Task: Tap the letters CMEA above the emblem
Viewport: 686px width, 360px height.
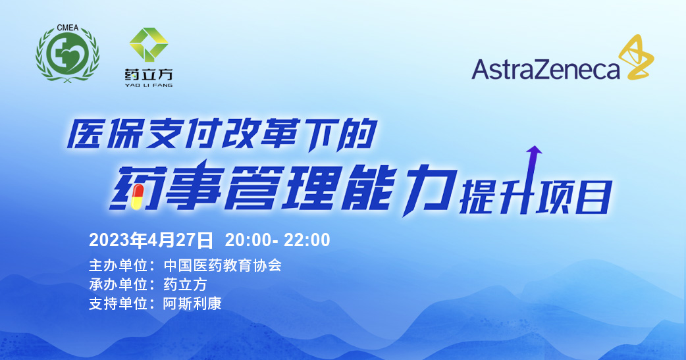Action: pyautogui.click(x=67, y=28)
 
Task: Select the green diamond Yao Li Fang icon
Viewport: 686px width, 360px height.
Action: pyautogui.click(x=149, y=44)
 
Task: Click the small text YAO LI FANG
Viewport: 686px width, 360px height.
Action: pyautogui.click(x=149, y=86)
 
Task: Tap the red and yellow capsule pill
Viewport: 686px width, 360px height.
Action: pyautogui.click(x=138, y=197)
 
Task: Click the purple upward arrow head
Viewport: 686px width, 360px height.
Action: pyautogui.click(x=534, y=150)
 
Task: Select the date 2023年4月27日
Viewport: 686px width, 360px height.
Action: pyautogui.click(x=151, y=240)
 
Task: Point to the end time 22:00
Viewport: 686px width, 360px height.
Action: pyautogui.click(x=307, y=240)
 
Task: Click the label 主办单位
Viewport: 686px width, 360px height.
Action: pyautogui.click(x=118, y=265)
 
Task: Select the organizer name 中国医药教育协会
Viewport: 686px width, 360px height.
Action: pyautogui.click(x=223, y=265)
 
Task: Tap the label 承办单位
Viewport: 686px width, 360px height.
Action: pyautogui.click(x=118, y=285)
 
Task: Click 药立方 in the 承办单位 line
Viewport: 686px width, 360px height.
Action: pyautogui.click(x=185, y=285)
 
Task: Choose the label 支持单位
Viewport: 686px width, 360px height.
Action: pyautogui.click(x=118, y=303)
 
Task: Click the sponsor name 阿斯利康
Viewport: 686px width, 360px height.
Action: pyautogui.click(x=192, y=303)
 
